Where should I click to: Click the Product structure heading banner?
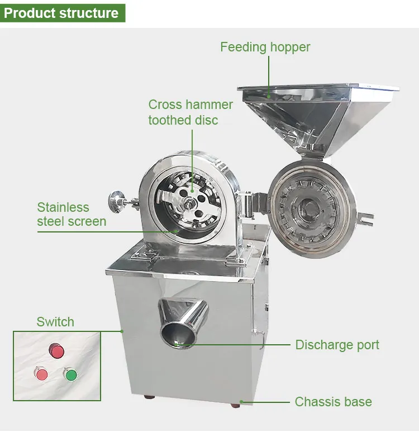pos(62,13)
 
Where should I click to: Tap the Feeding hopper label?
pos(265,47)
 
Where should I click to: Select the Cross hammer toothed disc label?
pos(191,112)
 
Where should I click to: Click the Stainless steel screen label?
pos(72,214)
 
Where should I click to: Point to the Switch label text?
pos(55,322)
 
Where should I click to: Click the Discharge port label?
pos(337,345)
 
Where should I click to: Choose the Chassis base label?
pos(333,402)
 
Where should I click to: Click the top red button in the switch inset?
pos(56,351)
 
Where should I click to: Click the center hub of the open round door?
pos(308,210)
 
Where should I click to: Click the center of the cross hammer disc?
pos(191,203)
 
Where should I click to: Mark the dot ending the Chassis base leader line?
pos(242,401)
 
